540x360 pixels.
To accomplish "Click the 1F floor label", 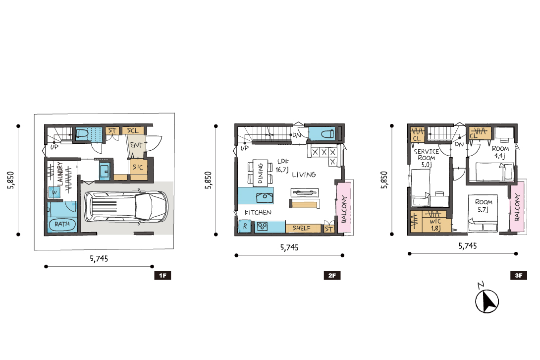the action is point(162,276).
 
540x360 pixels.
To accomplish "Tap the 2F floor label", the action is point(332,276).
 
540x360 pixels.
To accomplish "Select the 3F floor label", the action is point(519,276).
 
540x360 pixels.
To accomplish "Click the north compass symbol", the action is point(487,300).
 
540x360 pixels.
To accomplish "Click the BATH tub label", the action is point(62,224).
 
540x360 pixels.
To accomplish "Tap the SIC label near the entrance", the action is point(138,167).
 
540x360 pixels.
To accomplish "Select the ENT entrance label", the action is point(136,145).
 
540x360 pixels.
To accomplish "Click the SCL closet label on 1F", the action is point(133,131).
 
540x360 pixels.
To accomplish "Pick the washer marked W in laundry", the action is point(54,192).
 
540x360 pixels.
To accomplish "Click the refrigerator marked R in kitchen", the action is point(245,227).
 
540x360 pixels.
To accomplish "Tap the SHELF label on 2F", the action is point(301,228).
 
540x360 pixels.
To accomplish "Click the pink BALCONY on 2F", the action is point(344,208).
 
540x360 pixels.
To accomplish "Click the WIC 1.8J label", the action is point(435,225).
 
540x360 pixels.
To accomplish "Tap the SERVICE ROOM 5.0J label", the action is point(427,158).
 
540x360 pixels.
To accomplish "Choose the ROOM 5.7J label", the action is point(484,205).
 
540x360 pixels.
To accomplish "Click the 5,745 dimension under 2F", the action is point(289,247).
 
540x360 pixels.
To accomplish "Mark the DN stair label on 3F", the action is point(459,144).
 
